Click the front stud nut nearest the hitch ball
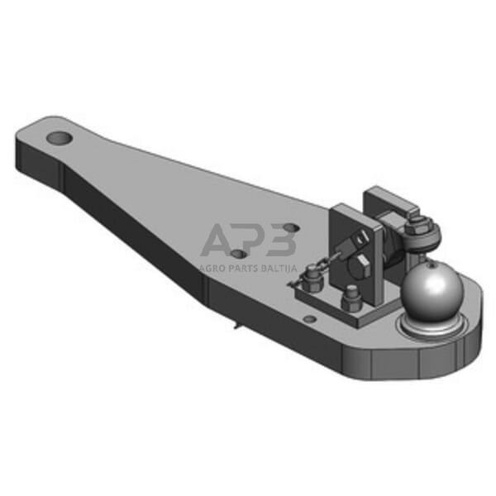pos(351,295)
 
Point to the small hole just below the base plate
pos(309,318)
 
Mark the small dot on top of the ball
pos(428,267)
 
